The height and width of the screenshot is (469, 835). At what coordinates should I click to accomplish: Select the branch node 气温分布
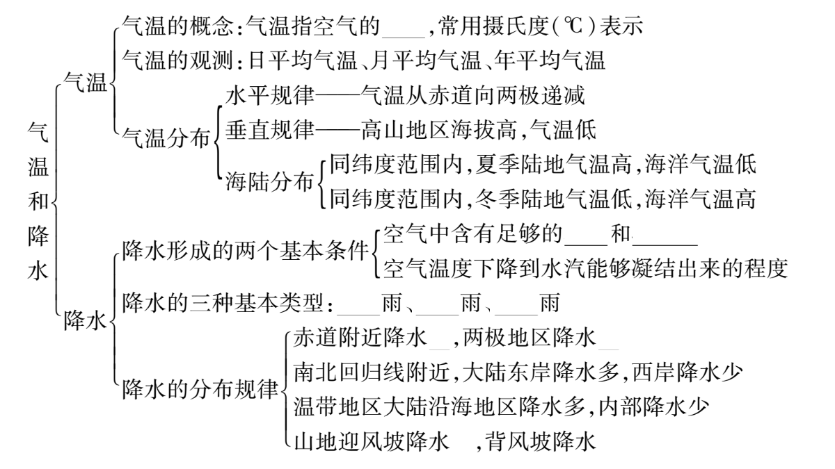(166, 138)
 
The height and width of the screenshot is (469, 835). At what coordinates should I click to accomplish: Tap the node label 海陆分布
(269, 182)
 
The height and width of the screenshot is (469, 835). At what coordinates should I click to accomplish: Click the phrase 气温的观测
(177, 60)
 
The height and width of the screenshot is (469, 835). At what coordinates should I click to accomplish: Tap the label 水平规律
(270, 96)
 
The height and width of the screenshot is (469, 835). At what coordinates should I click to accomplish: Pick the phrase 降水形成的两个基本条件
(246, 250)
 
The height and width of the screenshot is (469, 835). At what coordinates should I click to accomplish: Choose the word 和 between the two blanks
(621, 235)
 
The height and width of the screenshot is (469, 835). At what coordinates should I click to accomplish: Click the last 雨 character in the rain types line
(550, 303)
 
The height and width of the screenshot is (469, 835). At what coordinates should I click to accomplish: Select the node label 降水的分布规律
(200, 389)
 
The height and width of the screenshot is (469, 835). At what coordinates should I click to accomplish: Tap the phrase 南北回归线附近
(372, 372)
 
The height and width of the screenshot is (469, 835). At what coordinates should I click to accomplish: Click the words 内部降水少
(654, 406)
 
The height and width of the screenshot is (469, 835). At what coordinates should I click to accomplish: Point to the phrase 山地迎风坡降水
(372, 441)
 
